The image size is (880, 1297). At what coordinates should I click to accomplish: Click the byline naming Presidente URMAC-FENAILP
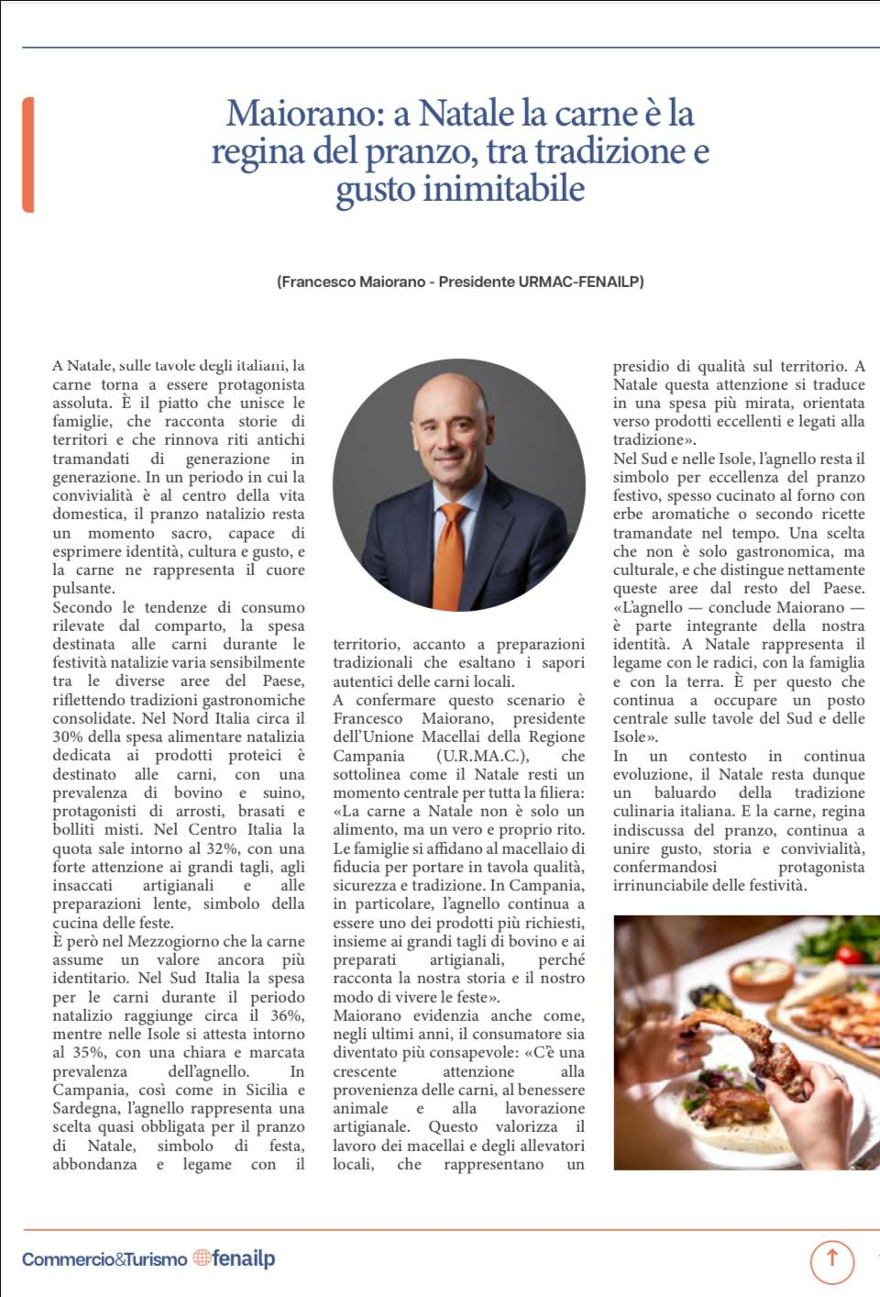point(460,282)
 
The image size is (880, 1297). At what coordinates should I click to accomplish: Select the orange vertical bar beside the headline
point(28,154)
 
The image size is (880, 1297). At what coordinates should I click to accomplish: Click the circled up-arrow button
point(831,1258)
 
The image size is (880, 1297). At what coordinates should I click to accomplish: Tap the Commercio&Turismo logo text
point(104,1259)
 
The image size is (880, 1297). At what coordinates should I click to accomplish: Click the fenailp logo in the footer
point(244,1258)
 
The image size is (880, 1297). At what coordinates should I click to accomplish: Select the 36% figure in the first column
point(287,1015)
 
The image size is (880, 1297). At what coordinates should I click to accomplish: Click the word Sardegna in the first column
point(84,1108)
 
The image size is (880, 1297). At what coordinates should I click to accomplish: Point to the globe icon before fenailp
point(202,1258)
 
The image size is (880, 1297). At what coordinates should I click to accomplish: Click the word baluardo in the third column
point(685,793)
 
